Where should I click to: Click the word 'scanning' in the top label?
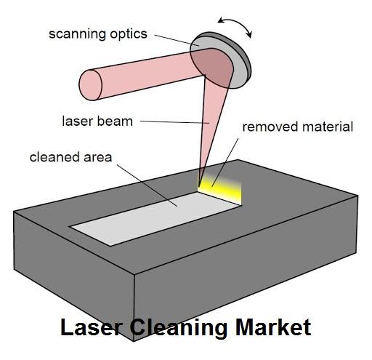pyautogui.click(x=78, y=34)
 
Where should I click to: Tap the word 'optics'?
pyautogui.click(x=129, y=34)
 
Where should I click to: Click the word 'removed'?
pyautogui.click(x=270, y=127)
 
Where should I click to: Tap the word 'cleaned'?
pyautogui.click(x=54, y=157)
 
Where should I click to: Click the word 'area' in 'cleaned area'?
pyautogui.click(x=98, y=158)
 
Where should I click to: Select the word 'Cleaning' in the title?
pyautogui.click(x=179, y=328)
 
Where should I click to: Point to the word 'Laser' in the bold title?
pyautogui.click(x=91, y=327)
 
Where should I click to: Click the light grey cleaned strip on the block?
pyautogui.click(x=155, y=218)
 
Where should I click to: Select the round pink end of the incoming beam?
pyautogui.click(x=90, y=85)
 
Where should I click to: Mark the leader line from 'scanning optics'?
pyautogui.click(x=177, y=40)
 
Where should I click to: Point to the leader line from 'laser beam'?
pyautogui.click(x=174, y=122)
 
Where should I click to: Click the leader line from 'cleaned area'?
pyautogui.click(x=147, y=185)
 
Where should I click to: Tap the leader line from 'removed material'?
pyautogui.click(x=225, y=163)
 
